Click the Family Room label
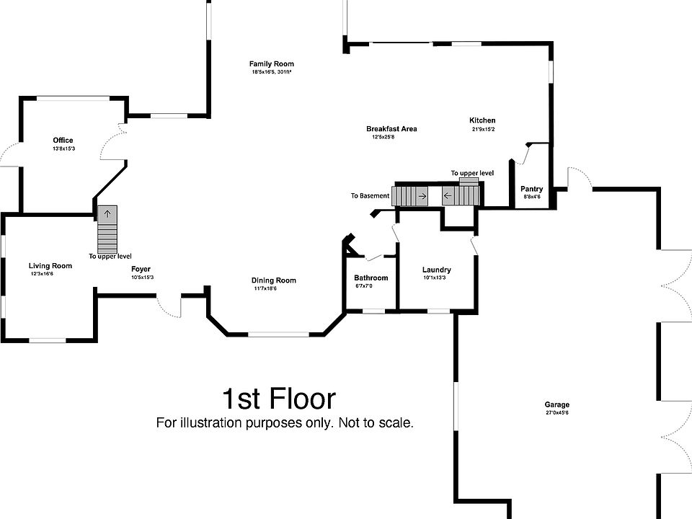[272, 64]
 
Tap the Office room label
[63, 141]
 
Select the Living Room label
[50, 266]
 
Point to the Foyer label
[141, 269]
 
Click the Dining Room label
[274, 280]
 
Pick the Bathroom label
[371, 278]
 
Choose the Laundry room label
[437, 270]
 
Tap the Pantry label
[532, 189]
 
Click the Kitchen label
[482, 120]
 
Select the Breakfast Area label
[391, 129]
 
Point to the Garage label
[557, 404]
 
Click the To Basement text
[371, 196]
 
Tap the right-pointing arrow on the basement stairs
[422, 196]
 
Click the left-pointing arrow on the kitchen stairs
[448, 195]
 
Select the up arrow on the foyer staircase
[107, 215]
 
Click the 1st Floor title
[278, 399]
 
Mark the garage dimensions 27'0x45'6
[557, 413]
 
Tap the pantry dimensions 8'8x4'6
[532, 197]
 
